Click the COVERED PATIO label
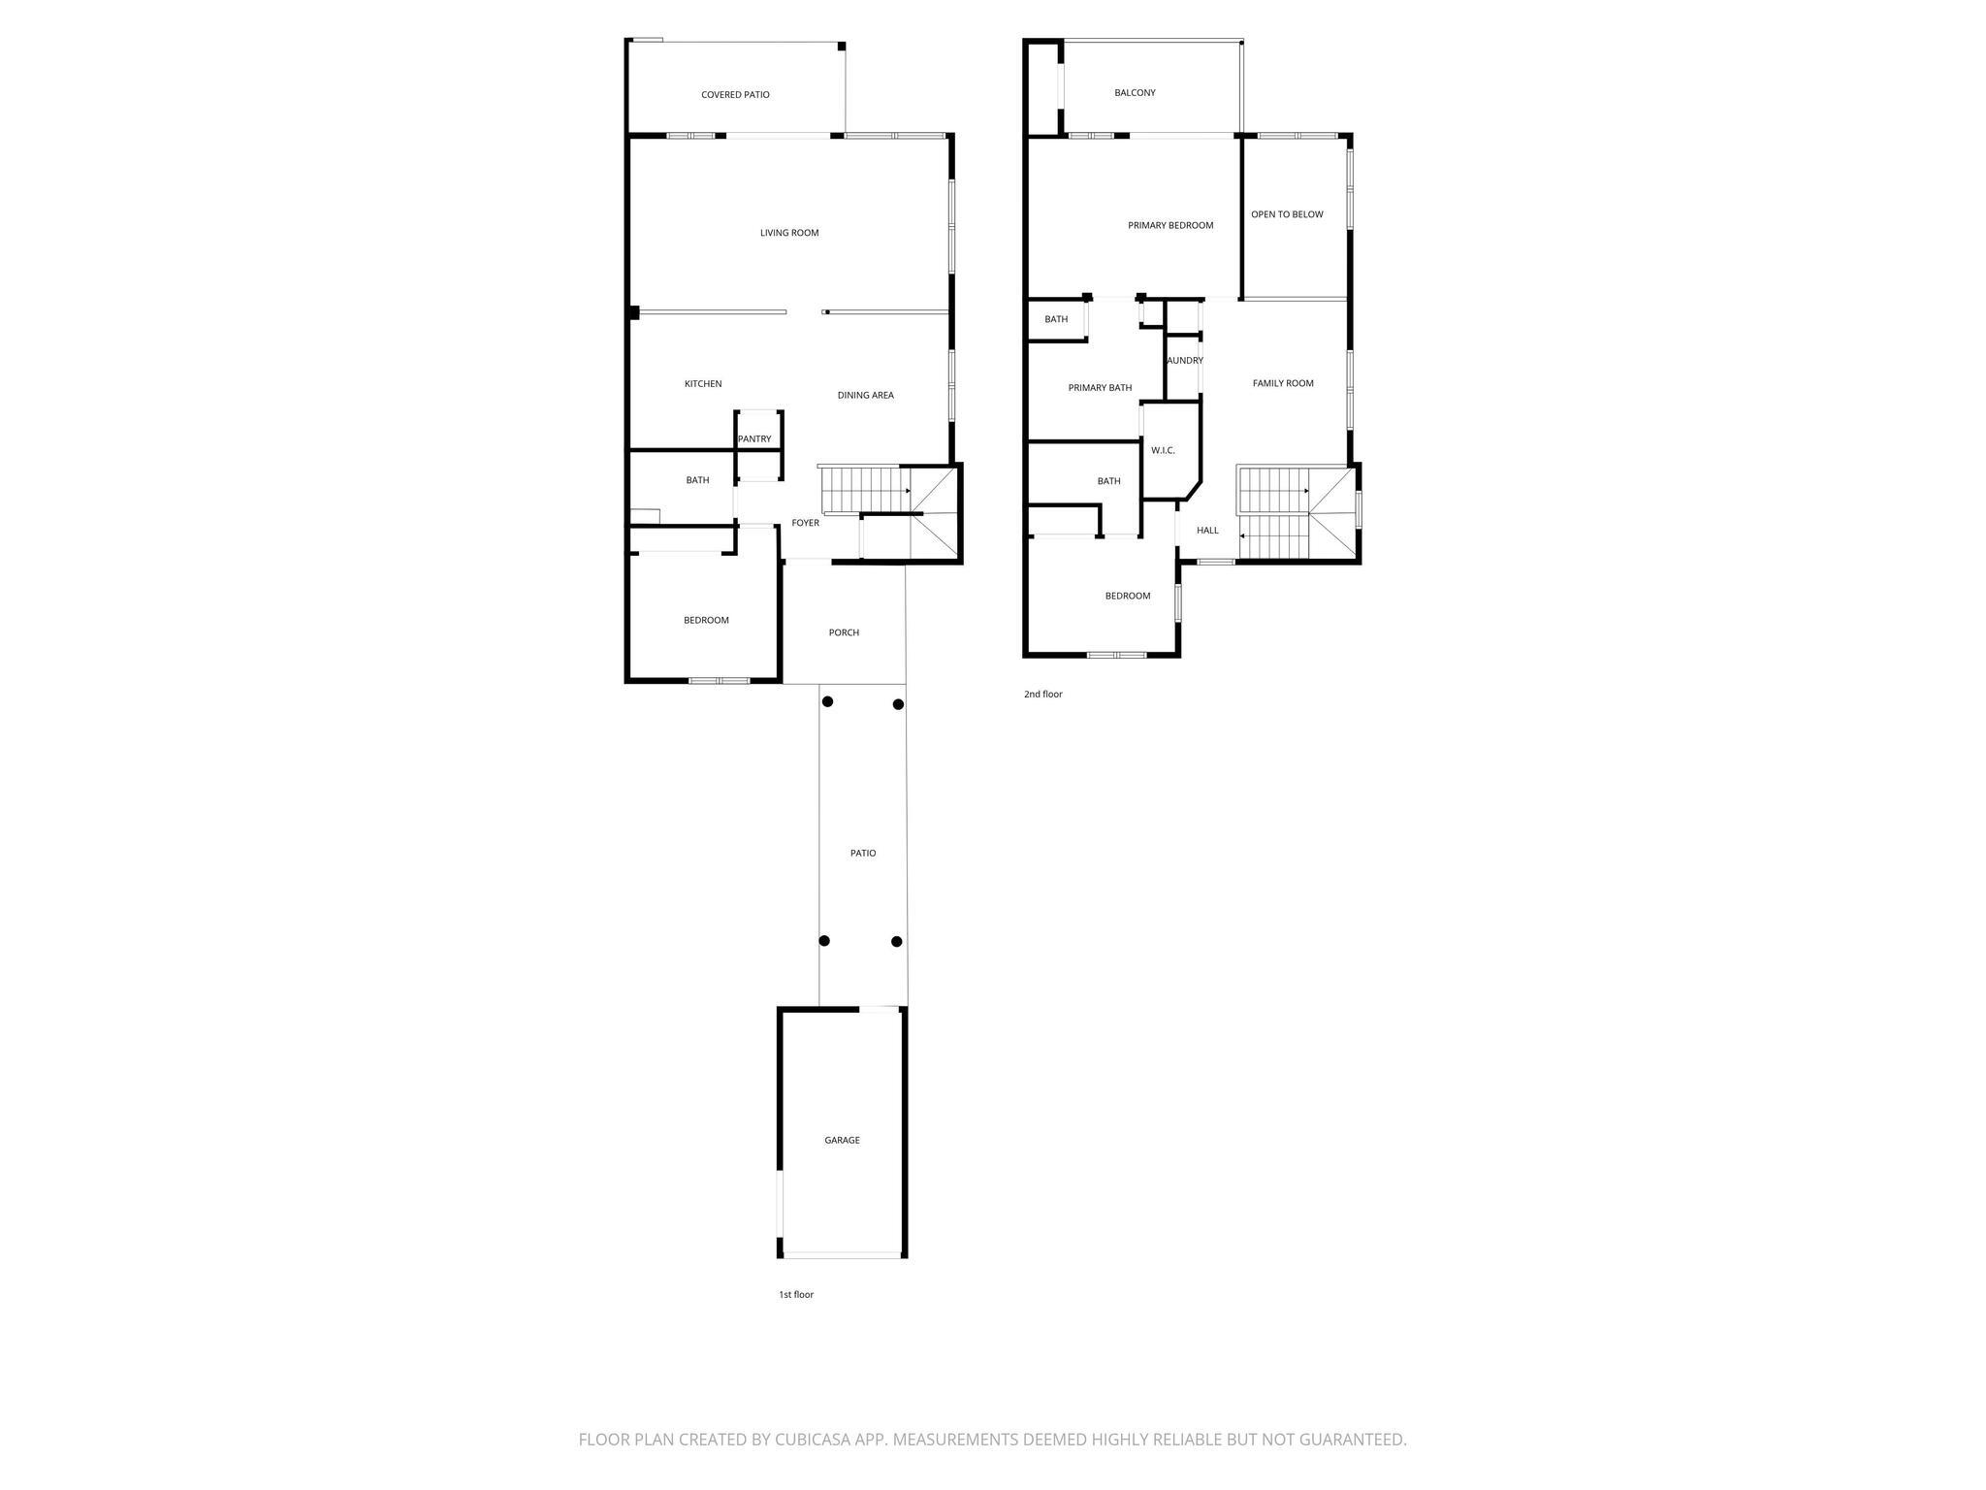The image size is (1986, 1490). click(735, 95)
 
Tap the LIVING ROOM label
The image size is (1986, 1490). click(789, 233)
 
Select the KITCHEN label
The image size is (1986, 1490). click(703, 384)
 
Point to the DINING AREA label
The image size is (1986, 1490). click(866, 396)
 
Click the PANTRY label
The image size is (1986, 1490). click(754, 439)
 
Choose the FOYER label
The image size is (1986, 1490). click(806, 523)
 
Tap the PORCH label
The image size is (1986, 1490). click(844, 632)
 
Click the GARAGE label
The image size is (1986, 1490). click(842, 1141)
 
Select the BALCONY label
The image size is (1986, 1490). click(1135, 93)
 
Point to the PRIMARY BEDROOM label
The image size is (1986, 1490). click(1170, 226)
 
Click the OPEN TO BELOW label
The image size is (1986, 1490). click(1287, 214)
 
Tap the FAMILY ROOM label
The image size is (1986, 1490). click(1283, 383)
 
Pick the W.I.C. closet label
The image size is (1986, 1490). click(1163, 451)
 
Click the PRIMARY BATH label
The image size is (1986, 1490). click(1100, 388)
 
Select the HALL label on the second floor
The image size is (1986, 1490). click(1207, 531)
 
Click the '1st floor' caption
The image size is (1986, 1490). click(796, 1295)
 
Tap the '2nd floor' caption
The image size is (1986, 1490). click(1043, 695)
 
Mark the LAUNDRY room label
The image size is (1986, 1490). click(1184, 361)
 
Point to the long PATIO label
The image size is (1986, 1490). click(863, 854)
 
